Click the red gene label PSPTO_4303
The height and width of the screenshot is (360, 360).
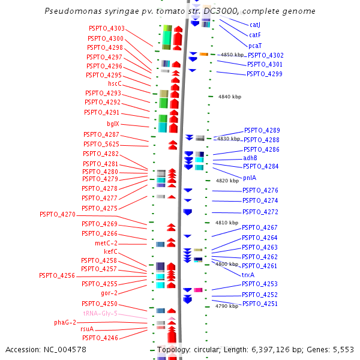coord(107,28)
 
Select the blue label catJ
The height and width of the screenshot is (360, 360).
coord(255,25)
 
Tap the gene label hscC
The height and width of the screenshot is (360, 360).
coord(115,83)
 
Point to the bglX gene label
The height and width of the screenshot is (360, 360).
coord(113,124)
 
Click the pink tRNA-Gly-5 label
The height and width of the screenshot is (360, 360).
coord(100,313)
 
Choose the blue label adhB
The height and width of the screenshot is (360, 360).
coord(250,158)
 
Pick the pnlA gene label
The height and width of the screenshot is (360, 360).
coord(250,178)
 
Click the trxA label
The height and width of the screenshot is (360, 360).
coord(248,275)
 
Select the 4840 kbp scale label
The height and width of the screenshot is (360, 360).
coord(230,97)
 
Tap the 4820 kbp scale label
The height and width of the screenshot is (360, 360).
coord(227,181)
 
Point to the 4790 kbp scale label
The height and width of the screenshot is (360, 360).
coord(227,306)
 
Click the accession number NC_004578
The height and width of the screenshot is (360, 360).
coord(65,350)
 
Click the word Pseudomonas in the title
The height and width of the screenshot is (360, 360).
coord(73,11)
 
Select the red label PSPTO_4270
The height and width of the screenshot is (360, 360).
coord(58,214)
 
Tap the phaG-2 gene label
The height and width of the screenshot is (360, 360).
coord(65,322)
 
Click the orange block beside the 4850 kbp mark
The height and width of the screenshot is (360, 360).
coord(203,54)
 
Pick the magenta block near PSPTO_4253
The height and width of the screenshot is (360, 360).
coord(198,290)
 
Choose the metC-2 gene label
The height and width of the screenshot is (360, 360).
coord(106,243)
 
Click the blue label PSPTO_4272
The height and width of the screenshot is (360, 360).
coord(260,212)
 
